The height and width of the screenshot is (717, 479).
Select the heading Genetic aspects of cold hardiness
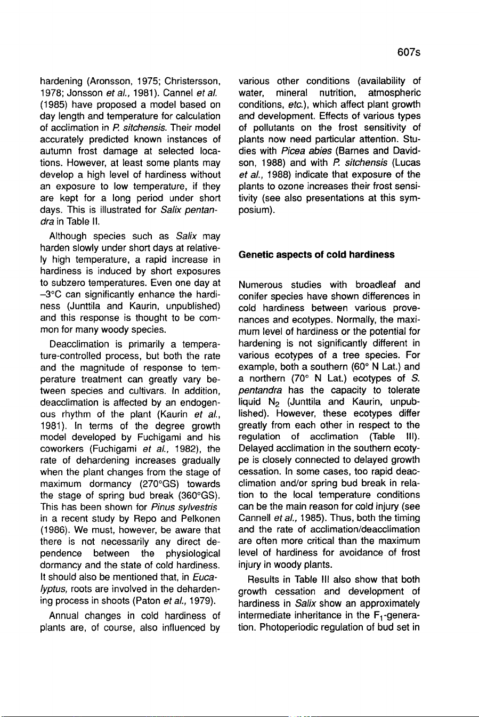pos(316,255)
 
